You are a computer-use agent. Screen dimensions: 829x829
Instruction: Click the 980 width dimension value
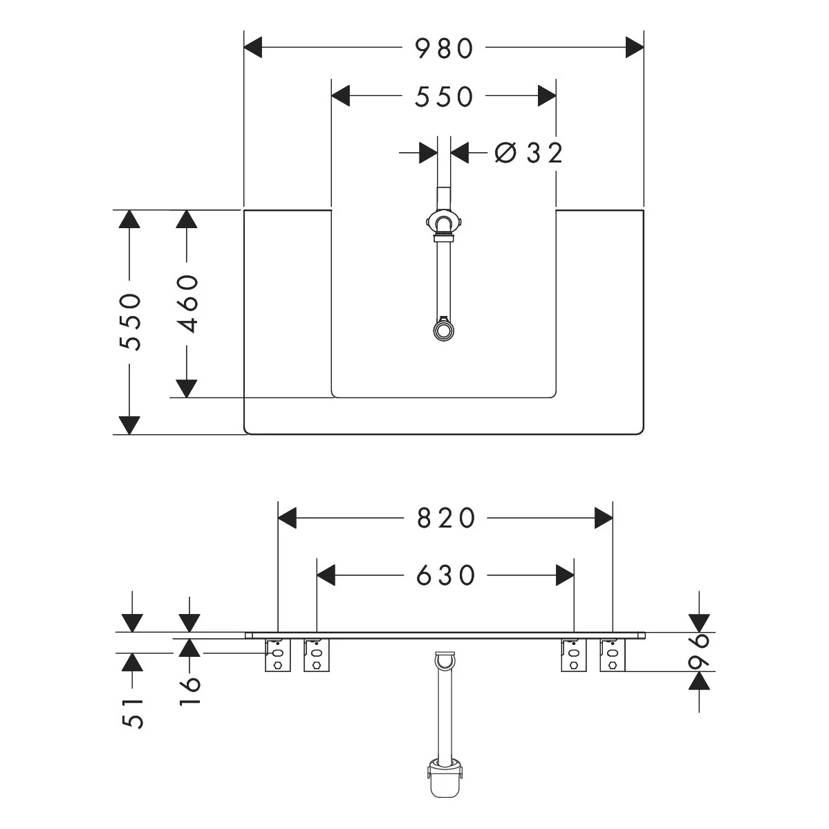click(445, 48)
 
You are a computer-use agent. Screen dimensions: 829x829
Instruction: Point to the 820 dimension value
click(446, 518)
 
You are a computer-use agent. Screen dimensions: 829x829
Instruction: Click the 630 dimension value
click(446, 575)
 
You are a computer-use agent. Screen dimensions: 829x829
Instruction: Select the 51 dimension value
click(133, 712)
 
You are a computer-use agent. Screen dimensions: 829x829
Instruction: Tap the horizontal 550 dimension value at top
click(444, 97)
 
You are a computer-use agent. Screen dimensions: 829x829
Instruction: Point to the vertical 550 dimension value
click(130, 322)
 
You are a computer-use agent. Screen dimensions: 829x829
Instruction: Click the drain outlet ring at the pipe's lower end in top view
click(442, 330)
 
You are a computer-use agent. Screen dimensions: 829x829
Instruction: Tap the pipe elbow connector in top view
click(443, 224)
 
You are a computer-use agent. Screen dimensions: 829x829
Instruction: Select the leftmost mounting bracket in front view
click(277, 655)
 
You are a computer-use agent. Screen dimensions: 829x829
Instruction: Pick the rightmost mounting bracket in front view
click(612, 655)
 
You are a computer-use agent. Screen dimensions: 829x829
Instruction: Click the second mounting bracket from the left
click(316, 655)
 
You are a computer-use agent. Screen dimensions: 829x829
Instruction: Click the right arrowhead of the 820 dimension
click(604, 518)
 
